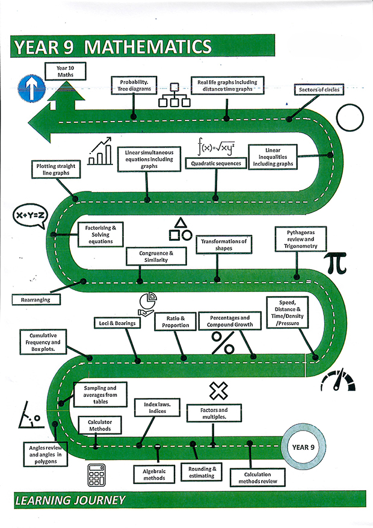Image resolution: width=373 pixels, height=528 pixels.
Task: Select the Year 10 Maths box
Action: (x=65, y=71)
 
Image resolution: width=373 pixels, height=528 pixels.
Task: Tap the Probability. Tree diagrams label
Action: (x=134, y=85)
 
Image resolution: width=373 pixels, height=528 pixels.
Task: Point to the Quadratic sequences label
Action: (x=216, y=163)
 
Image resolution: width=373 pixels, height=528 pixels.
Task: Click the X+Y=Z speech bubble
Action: (x=29, y=216)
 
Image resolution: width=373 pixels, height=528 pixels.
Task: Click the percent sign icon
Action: (x=223, y=343)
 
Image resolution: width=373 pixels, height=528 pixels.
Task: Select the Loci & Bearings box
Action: (x=117, y=323)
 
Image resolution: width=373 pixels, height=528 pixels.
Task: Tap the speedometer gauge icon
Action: (x=338, y=381)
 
